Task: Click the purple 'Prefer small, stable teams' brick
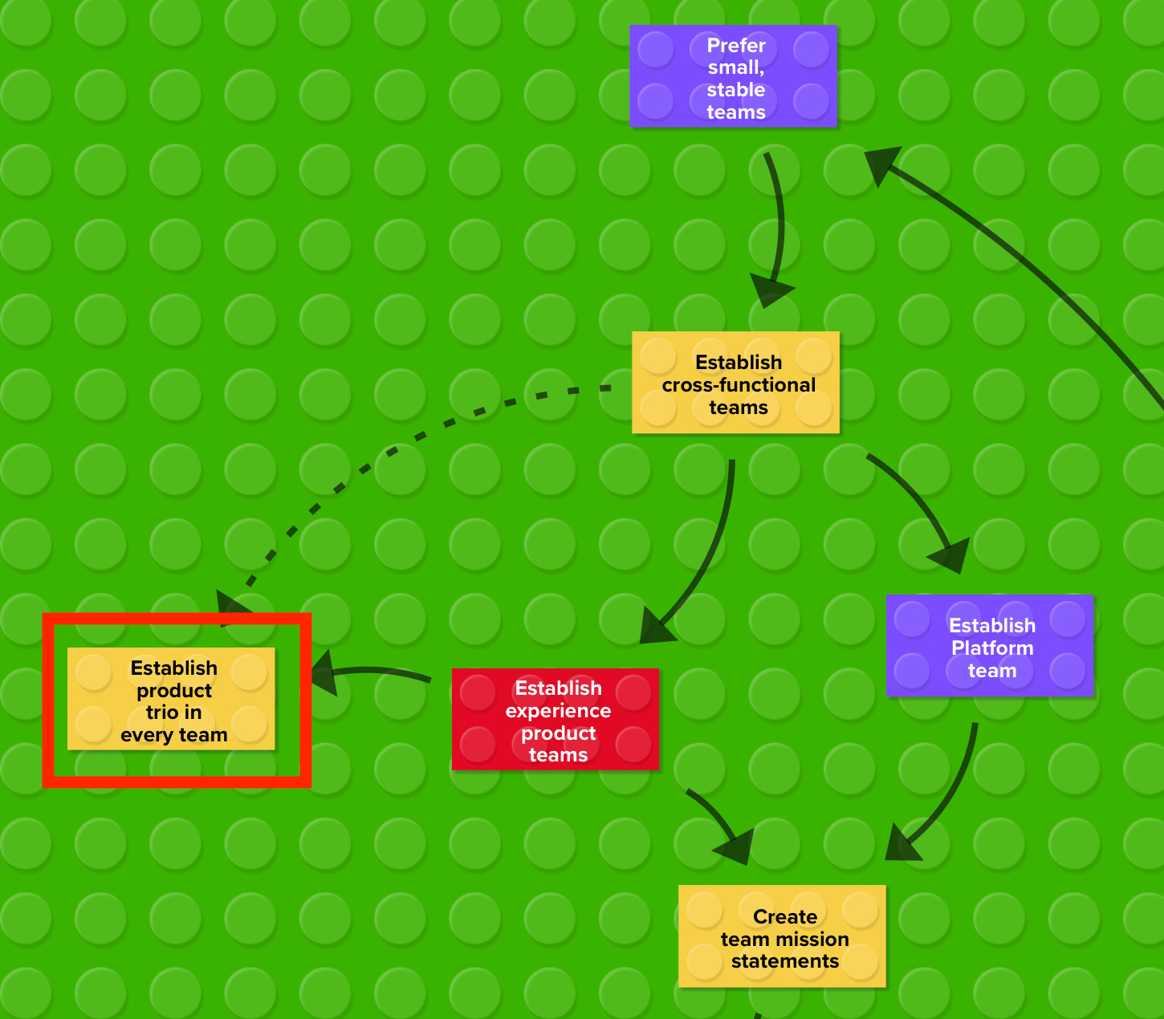pyautogui.click(x=733, y=76)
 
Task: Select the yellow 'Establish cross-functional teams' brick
pyautogui.click(x=735, y=383)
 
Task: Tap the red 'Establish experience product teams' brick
pyautogui.click(x=556, y=720)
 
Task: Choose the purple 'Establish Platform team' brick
pyautogui.click(x=989, y=646)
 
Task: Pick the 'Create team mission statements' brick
pyautogui.click(x=782, y=936)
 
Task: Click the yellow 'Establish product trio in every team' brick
pyautogui.click(x=171, y=699)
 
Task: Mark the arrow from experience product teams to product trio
pyautogui.click(x=377, y=672)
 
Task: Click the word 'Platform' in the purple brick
pyautogui.click(x=992, y=648)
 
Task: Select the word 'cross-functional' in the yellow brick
pyautogui.click(x=739, y=385)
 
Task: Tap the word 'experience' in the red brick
pyautogui.click(x=558, y=711)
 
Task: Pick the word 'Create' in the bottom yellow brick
pyautogui.click(x=785, y=916)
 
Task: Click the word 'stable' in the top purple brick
pyautogui.click(x=736, y=90)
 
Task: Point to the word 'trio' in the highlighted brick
pyautogui.click(x=161, y=712)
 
